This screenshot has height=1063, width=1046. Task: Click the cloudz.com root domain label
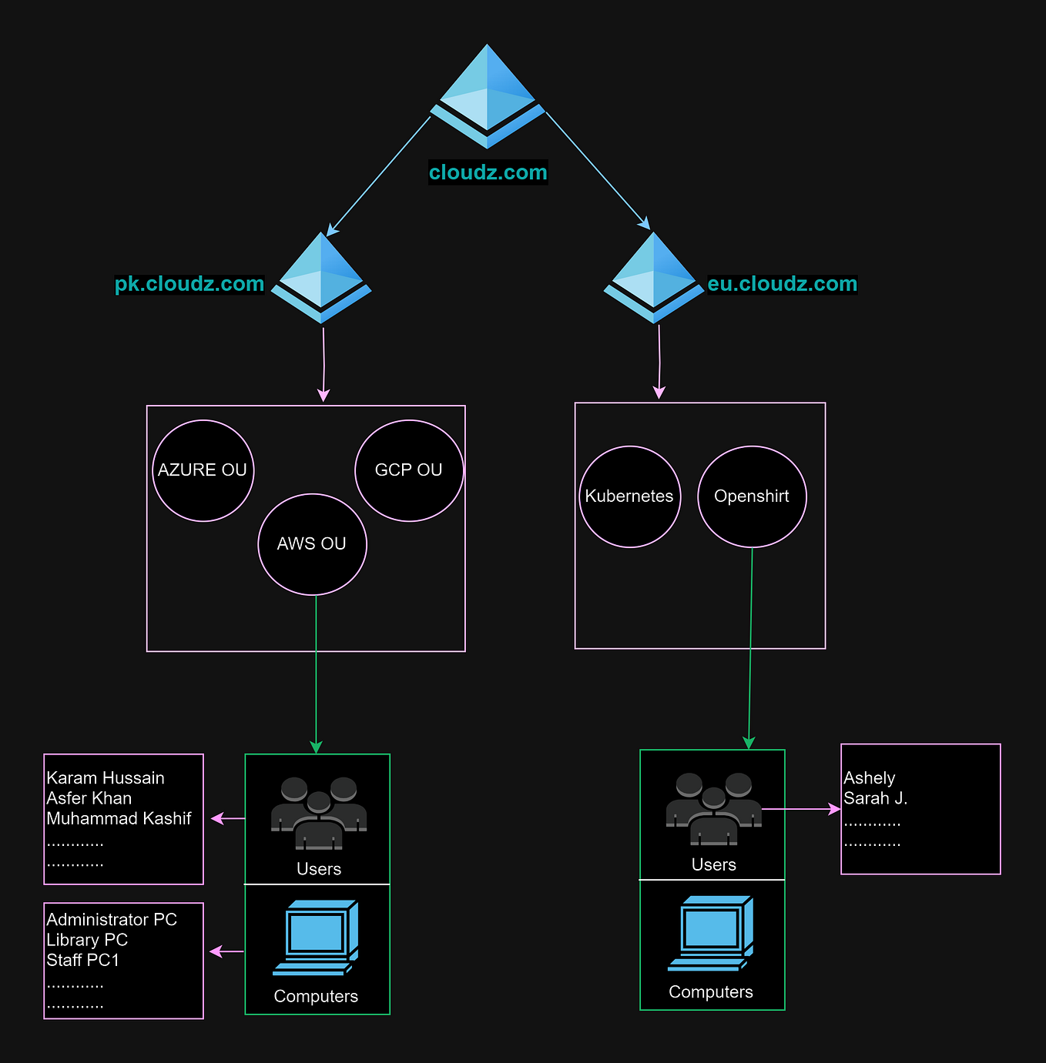488,172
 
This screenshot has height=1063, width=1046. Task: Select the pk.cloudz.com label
189,284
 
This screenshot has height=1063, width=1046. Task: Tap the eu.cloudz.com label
782,284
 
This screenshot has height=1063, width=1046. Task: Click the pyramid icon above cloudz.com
487,95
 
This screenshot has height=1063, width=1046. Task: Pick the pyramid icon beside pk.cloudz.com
321,278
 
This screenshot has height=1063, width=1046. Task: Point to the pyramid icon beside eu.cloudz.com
654,278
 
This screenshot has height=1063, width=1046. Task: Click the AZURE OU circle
203,470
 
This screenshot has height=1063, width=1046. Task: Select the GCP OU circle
409,470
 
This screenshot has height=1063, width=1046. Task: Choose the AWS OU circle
312,544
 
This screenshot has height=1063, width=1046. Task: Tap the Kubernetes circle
629,496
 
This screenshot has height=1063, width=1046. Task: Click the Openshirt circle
752,496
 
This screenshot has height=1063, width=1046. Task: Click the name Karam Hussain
106,778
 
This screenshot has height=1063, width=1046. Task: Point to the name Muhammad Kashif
119,818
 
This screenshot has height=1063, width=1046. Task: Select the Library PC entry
87,940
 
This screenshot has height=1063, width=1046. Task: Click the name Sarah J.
876,798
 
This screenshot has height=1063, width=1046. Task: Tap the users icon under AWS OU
319,814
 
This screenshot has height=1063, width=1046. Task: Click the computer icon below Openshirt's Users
710,933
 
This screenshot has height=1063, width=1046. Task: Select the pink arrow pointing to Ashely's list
801,809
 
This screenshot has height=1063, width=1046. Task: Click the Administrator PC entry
112,920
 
